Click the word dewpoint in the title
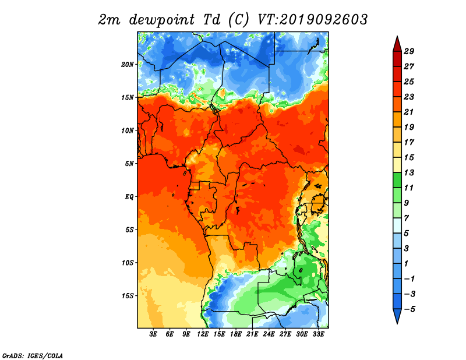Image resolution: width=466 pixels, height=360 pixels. (162, 20)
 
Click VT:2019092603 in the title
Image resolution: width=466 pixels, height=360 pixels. (312, 20)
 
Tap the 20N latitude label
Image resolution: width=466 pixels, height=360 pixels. (128, 64)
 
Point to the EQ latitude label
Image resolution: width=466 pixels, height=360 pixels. (129, 197)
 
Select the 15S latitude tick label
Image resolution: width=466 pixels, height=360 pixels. (128, 296)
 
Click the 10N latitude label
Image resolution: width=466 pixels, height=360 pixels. (128, 130)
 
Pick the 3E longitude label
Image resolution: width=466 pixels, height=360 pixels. (153, 334)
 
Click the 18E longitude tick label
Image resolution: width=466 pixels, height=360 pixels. (236, 334)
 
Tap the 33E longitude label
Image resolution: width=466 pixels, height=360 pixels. (318, 334)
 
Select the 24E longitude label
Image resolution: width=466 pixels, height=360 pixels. (269, 334)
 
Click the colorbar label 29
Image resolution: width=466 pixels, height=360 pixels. (409, 51)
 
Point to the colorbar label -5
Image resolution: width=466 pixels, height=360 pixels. (409, 309)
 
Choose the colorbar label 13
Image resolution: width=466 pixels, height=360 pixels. (409, 172)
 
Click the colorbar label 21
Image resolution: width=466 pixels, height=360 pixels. (409, 112)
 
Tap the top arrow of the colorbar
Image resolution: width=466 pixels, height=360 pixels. (397, 44)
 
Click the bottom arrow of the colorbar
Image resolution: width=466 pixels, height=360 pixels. (397, 316)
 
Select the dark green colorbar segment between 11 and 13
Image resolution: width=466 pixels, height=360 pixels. (397, 180)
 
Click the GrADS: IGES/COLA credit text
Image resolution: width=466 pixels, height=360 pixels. (33, 355)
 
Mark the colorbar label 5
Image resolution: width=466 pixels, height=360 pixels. (407, 234)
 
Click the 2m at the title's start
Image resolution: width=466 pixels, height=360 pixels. (109, 20)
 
